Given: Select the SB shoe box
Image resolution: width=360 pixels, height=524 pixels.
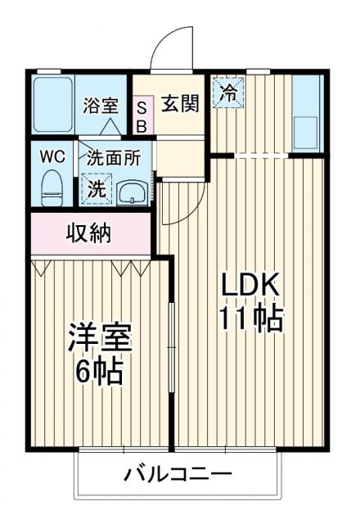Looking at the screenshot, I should (141, 115).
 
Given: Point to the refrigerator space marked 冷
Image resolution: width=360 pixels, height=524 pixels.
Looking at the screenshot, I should (228, 92).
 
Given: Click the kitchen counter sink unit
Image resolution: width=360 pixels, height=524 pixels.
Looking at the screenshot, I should (308, 115).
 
